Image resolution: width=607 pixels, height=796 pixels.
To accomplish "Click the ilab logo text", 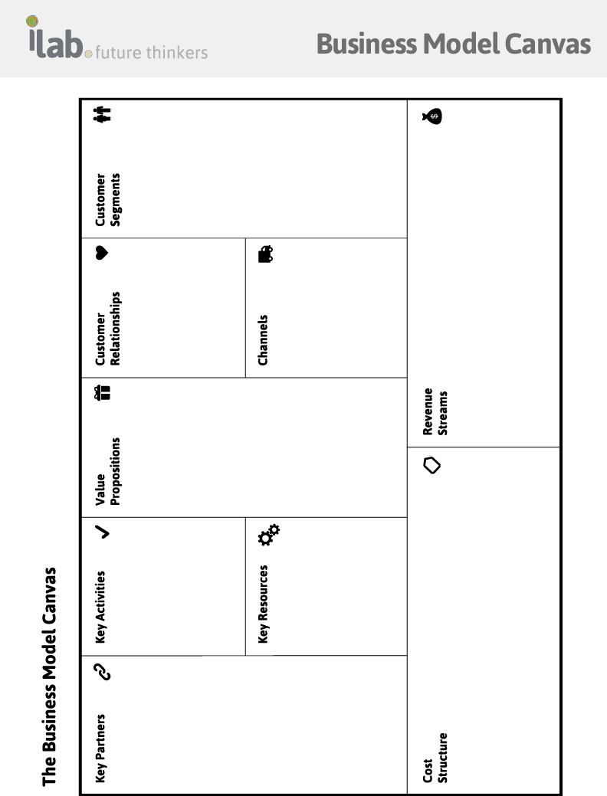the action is (x=55, y=41).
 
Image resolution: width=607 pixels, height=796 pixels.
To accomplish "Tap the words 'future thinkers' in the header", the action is (x=152, y=52).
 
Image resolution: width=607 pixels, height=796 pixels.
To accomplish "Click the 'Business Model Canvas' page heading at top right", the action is (x=454, y=44).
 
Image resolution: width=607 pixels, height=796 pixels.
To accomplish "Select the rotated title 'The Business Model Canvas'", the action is (x=49, y=676).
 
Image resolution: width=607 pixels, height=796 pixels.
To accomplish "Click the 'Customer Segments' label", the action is (x=108, y=199).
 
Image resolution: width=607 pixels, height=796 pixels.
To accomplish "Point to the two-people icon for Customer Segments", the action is (x=102, y=114).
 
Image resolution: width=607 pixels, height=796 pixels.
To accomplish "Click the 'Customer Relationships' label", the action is (x=108, y=329).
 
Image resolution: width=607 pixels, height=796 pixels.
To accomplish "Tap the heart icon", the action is (x=102, y=252).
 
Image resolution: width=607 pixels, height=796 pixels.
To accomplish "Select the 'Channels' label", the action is (x=263, y=340).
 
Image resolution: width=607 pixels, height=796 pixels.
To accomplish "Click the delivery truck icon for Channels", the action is (x=266, y=254).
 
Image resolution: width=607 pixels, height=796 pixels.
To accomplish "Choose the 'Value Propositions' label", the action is (x=108, y=471).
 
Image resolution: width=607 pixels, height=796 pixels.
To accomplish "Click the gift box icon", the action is (x=102, y=393).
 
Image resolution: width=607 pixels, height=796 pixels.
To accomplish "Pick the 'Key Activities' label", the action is (x=100, y=608).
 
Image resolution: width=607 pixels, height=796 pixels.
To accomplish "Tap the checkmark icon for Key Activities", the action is (x=102, y=532).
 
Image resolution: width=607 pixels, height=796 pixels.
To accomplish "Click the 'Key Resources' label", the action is (x=263, y=604).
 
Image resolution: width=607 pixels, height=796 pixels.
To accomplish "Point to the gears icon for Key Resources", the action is (x=269, y=535).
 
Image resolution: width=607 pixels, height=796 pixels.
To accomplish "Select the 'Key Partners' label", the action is (x=100, y=749).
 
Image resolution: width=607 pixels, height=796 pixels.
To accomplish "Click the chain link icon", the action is (x=103, y=672).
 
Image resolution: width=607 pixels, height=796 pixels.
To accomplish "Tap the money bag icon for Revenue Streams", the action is (x=432, y=116).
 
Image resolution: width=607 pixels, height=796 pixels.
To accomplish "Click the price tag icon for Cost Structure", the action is (x=431, y=465).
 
